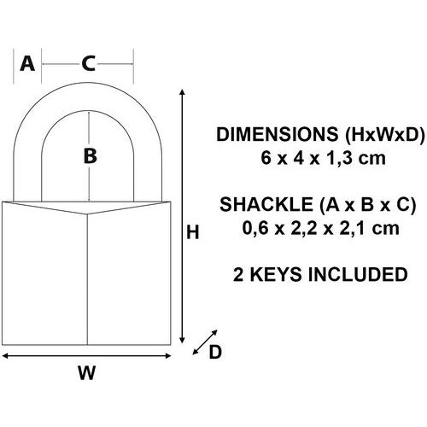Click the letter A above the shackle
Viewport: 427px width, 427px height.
tap(27, 63)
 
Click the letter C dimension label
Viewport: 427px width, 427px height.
tap(88, 63)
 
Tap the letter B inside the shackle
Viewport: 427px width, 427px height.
tap(91, 155)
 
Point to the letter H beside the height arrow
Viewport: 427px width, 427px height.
tap(193, 232)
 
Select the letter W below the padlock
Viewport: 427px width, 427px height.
tap(87, 372)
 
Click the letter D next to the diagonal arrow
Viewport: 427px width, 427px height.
tap(215, 352)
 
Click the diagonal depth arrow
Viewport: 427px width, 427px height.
tap(205, 342)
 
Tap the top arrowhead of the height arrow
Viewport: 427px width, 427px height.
tap(183, 91)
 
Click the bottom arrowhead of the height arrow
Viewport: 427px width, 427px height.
tap(183, 340)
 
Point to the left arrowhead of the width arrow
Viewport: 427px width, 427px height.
tap(5, 355)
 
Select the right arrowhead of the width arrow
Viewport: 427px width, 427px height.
tap(168, 355)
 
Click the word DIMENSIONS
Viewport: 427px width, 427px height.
tap(278, 134)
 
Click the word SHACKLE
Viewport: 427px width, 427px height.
tap(266, 204)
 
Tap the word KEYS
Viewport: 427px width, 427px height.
tap(276, 275)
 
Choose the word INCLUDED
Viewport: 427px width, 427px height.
tap(358, 275)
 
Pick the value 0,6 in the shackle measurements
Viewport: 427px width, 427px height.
tap(255, 229)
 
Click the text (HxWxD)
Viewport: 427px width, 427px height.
tap(384, 134)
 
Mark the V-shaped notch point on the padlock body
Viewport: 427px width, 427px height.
tap(87, 213)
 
